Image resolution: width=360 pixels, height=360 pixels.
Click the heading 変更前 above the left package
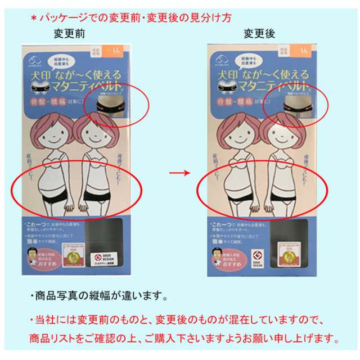pyautogui.click(x=69, y=34)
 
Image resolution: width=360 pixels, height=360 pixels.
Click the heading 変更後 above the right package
pyautogui.click(x=259, y=34)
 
